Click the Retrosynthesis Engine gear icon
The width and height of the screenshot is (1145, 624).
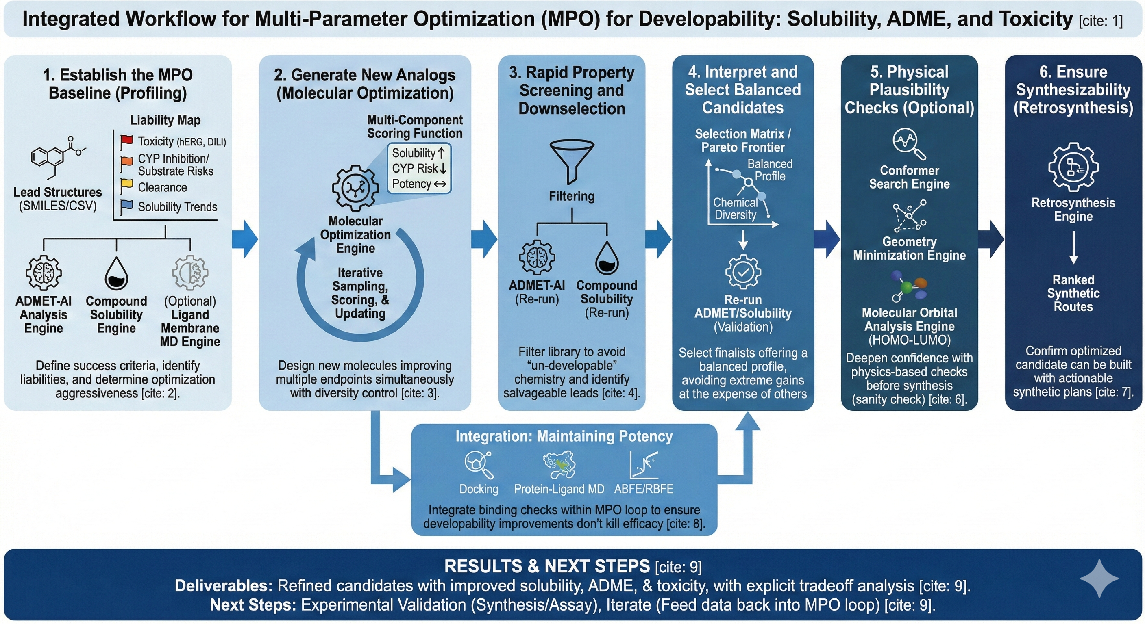pyautogui.click(x=1073, y=167)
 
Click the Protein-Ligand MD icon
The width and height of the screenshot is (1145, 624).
pyautogui.click(x=559, y=464)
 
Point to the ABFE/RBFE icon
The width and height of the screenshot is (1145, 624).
pyautogui.click(x=643, y=464)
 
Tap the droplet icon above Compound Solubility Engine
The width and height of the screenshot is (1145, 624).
pyautogui.click(x=116, y=273)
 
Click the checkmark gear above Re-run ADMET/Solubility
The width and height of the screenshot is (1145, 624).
pyautogui.click(x=743, y=271)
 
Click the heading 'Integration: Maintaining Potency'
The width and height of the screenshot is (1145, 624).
pyautogui.click(x=564, y=436)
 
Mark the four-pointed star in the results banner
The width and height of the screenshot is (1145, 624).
pyautogui.click(x=1099, y=578)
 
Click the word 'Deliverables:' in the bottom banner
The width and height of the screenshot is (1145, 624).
pyautogui.click(x=224, y=586)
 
